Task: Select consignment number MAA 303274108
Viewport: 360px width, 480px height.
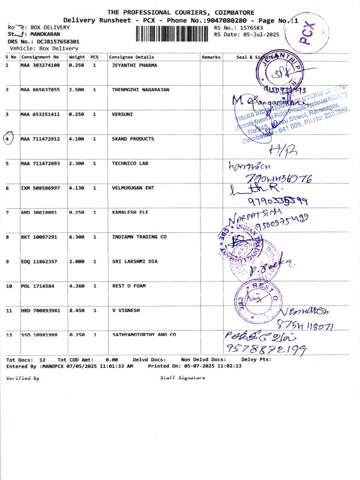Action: [x=40, y=64]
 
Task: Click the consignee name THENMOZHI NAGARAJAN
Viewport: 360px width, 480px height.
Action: [x=140, y=89]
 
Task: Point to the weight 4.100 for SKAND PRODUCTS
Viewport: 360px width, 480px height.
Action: [x=77, y=139]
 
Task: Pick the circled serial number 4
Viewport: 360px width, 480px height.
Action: [x=8, y=139]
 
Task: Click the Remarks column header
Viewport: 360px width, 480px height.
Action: [x=211, y=57]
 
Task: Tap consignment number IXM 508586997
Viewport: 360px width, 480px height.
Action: [x=40, y=188]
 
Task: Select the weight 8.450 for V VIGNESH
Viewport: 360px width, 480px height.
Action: [x=77, y=311]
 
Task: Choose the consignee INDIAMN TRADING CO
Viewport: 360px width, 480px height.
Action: [x=139, y=237]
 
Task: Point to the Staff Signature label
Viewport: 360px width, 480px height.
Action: [x=182, y=377]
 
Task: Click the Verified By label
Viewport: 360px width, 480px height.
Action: [x=22, y=378]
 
